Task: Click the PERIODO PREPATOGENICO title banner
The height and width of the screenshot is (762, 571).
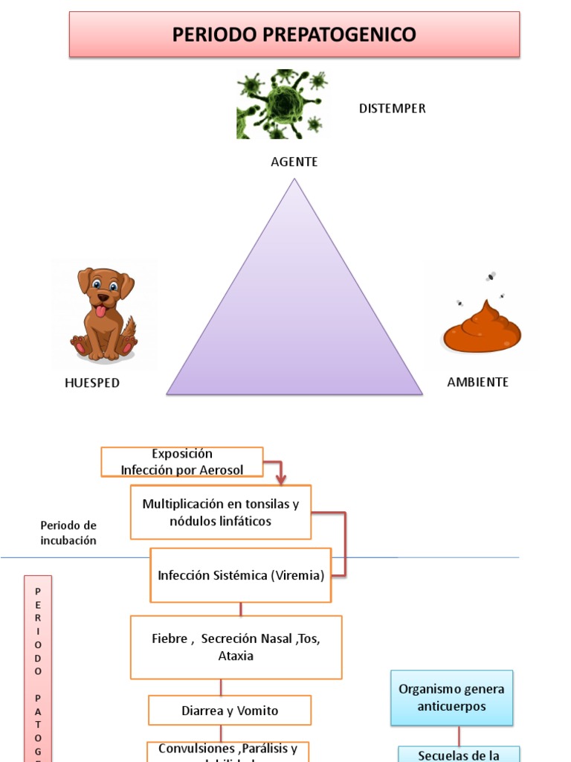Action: click(294, 34)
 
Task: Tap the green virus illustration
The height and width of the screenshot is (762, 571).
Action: click(282, 104)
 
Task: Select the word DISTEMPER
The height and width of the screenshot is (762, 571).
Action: click(392, 109)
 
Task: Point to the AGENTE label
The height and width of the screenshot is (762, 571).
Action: click(294, 161)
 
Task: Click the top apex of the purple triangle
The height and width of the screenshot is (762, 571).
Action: click(294, 180)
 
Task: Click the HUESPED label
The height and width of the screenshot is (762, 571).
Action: click(92, 383)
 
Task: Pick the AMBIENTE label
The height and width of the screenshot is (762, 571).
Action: click(477, 382)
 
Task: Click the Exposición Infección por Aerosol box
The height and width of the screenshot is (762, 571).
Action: click(182, 461)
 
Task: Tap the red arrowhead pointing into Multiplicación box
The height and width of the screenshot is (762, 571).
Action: click(280, 480)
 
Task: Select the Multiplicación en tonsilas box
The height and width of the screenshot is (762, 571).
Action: click(221, 512)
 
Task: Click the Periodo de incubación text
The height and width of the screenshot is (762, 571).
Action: click(68, 533)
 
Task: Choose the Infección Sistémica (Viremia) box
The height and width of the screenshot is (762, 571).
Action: click(241, 575)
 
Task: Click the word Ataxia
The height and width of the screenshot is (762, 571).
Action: click(236, 656)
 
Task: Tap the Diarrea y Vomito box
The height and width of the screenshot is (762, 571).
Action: click(230, 711)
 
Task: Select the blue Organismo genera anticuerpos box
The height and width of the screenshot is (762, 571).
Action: click(451, 697)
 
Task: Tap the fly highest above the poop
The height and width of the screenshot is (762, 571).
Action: click(491, 276)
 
